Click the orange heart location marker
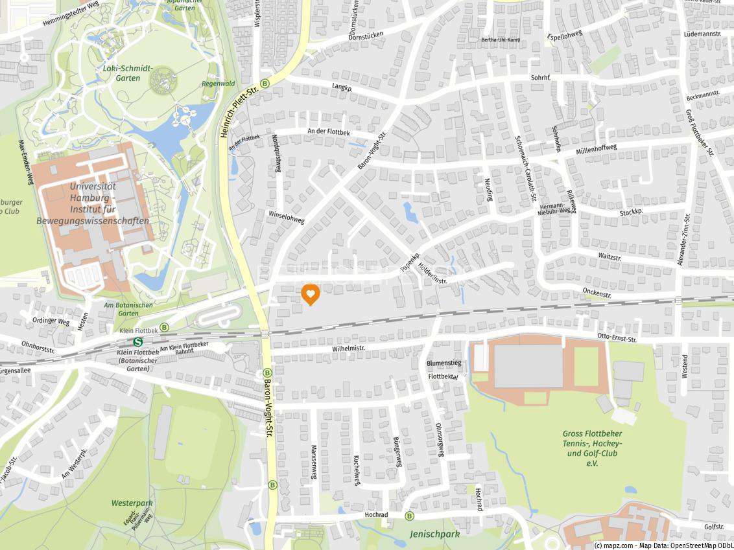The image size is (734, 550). tap(311, 294)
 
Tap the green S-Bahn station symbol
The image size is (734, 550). tap(137, 341)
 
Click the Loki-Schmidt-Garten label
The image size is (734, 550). tap(128, 73)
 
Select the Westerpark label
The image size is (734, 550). tap(132, 503)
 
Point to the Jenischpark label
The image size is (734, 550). tap(434, 534)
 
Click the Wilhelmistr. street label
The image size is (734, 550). tap(348, 348)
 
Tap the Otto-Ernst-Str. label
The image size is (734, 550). tap(617, 338)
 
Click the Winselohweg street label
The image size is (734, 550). tap(286, 216)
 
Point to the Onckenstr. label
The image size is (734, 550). tap(597, 293)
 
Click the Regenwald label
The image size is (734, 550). tap(218, 84)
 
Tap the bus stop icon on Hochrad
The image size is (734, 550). tap(409, 516)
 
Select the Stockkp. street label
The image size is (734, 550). tap(631, 212)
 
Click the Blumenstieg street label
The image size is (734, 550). tap(444, 363)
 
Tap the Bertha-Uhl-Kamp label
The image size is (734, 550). tap(501, 40)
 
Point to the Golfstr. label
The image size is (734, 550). tap(713, 527)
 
